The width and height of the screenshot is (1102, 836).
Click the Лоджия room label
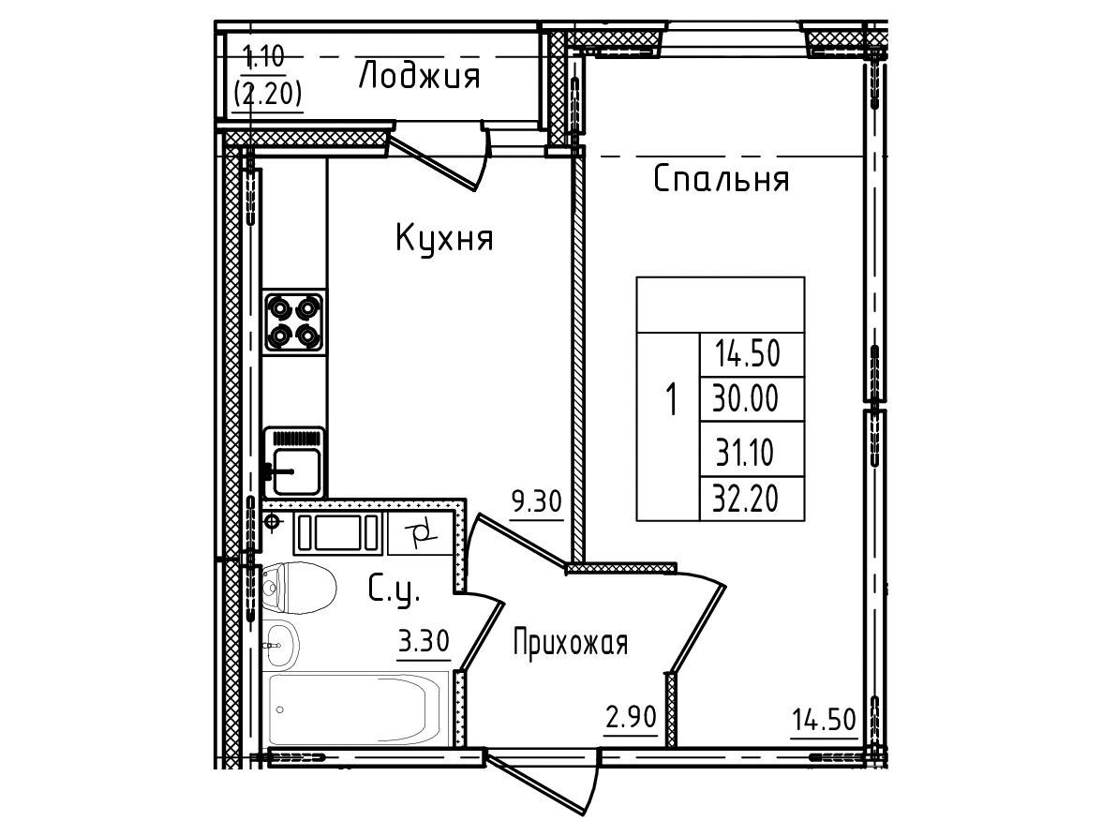(419, 76)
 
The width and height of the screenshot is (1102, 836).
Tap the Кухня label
(444, 238)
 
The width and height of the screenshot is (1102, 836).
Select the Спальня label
(722, 179)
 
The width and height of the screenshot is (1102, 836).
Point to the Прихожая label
(570, 643)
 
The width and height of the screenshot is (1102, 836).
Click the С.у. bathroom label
(395, 590)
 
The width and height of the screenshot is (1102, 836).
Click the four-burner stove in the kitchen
(294, 322)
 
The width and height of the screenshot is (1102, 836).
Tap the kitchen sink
(294, 463)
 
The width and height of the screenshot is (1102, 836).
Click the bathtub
(358, 708)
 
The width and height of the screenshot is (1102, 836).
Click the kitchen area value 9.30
(537, 503)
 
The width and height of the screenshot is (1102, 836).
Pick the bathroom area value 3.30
(424, 643)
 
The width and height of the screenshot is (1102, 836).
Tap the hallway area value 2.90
(632, 719)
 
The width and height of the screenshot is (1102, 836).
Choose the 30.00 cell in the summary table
(746, 399)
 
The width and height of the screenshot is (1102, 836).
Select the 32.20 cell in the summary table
(746, 500)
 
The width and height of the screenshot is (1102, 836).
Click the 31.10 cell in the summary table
(746, 453)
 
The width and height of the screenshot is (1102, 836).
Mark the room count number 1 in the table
(671, 399)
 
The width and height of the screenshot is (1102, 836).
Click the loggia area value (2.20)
(268, 94)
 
